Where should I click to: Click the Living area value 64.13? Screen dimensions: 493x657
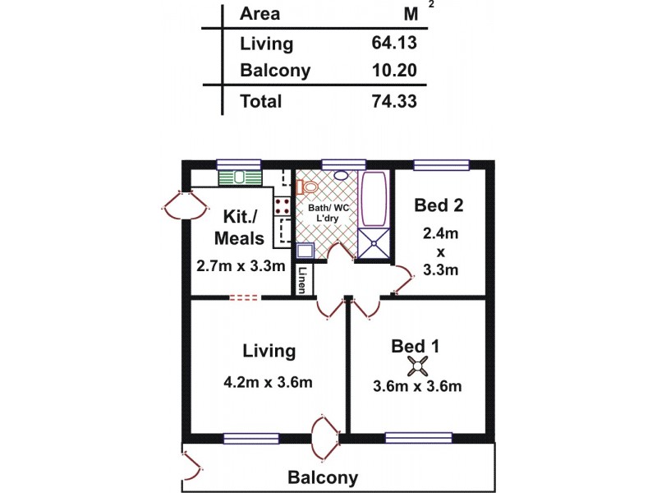click(x=395, y=44)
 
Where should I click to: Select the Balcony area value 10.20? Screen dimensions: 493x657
click(x=395, y=71)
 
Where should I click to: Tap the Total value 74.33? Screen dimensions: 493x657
click(x=395, y=102)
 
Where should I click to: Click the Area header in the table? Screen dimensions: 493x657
click(x=260, y=14)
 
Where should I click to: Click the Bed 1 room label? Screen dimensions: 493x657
click(x=416, y=346)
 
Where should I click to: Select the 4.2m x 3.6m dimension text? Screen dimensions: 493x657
click(x=268, y=382)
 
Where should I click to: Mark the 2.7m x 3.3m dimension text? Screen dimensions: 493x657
click(x=241, y=266)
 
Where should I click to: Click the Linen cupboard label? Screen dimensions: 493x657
click(x=303, y=280)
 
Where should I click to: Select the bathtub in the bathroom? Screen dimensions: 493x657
click(x=374, y=199)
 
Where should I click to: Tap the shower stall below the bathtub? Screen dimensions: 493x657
click(x=374, y=244)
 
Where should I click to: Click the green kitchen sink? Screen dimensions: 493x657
click(x=240, y=177)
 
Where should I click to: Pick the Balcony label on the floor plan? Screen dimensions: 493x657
click(x=322, y=477)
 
